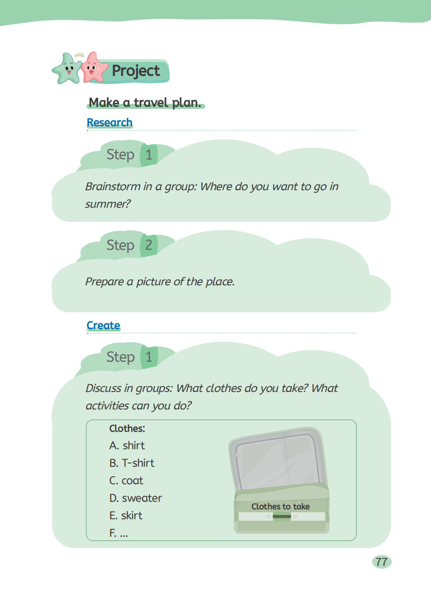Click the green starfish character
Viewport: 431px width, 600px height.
tap(67, 69)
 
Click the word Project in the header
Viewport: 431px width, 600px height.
tap(136, 71)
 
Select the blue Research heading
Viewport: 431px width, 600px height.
tap(110, 123)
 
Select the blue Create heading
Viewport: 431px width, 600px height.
tap(103, 325)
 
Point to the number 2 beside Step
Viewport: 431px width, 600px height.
tap(149, 245)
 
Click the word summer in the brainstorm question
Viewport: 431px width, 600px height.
tap(107, 204)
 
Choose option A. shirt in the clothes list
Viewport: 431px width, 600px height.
tap(127, 446)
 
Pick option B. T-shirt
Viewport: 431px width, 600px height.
tap(132, 463)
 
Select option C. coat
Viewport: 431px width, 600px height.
tap(126, 481)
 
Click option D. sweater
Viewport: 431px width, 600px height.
tap(135, 498)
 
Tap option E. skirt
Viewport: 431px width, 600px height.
tap(126, 515)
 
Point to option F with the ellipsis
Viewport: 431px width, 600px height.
tap(119, 533)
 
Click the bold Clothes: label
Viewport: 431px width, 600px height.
tap(127, 429)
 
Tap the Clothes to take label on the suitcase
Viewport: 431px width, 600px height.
tap(280, 506)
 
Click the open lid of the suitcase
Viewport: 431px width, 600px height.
tap(278, 460)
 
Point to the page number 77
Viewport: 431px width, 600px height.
tap(381, 562)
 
